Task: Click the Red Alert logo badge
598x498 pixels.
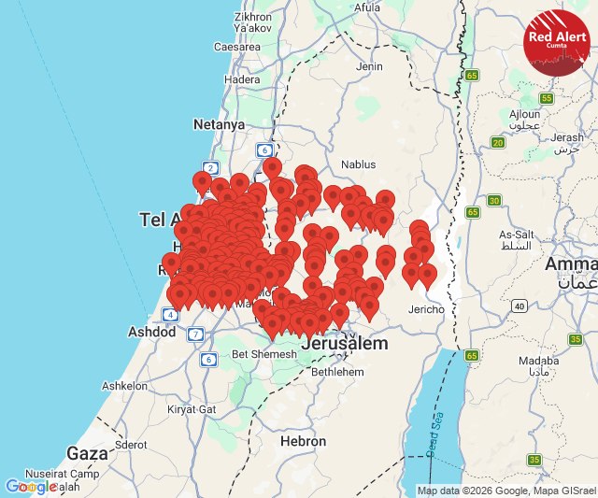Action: (557, 42)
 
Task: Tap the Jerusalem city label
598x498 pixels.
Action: (344, 345)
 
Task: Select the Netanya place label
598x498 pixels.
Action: (219, 124)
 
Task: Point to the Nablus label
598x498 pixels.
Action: (358, 164)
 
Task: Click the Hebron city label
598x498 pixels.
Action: (303, 441)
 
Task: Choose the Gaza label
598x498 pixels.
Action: (88, 453)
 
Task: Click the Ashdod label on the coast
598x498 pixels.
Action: (151, 332)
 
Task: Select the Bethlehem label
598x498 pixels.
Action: (337, 371)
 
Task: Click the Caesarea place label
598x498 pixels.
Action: (237, 46)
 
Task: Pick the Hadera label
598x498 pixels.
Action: (242, 80)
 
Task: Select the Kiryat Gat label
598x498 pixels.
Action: (192, 409)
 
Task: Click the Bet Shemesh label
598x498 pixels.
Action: (263, 354)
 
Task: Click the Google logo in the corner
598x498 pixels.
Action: (30, 487)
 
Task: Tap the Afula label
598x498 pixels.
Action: (367, 7)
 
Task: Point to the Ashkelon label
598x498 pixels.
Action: (124, 385)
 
